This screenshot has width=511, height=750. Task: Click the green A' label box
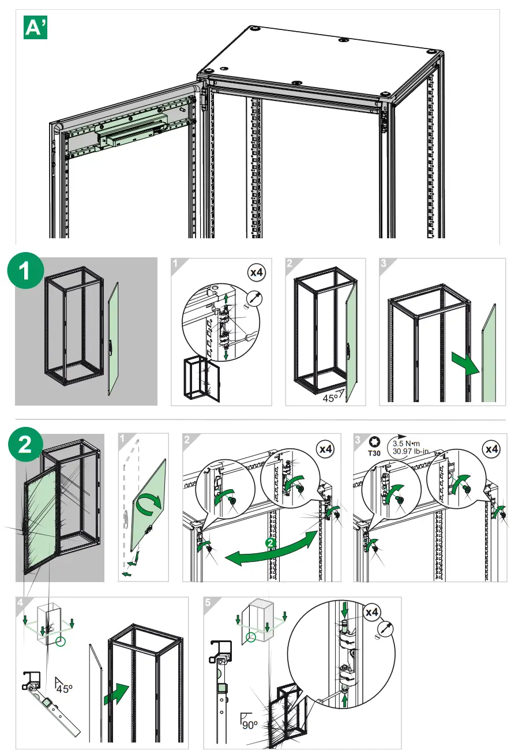[x=35, y=27]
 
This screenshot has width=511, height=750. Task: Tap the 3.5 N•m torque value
[x=406, y=443]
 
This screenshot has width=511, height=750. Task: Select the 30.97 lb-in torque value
[x=412, y=451]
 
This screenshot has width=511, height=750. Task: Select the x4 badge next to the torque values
[x=491, y=448]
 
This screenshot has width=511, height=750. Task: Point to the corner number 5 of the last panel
[x=208, y=602]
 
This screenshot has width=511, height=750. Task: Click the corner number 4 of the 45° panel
[x=20, y=602]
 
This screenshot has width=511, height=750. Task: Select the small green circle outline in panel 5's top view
[x=251, y=637]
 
